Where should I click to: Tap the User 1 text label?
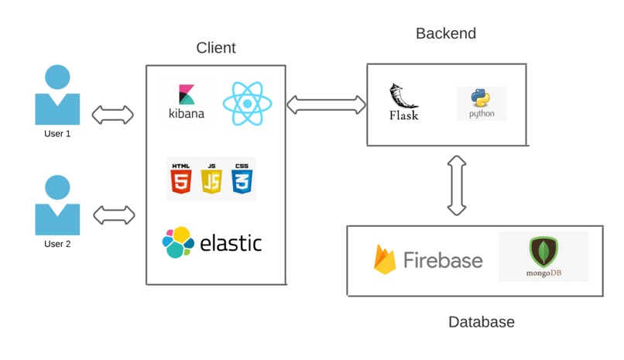[x=57, y=134]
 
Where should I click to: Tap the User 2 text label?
[x=57, y=244]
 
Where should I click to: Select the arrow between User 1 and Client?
[x=113, y=115]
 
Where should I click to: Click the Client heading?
[x=216, y=49]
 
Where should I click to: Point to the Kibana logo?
[x=187, y=101]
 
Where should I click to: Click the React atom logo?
[x=245, y=104]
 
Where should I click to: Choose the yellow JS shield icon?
[x=211, y=179]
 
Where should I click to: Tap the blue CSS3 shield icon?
[x=242, y=179]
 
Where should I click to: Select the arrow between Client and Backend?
[x=326, y=103]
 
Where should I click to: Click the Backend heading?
[x=446, y=34]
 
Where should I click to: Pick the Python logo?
[x=482, y=104]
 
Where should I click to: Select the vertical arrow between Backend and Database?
[x=457, y=185]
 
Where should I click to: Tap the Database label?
[x=482, y=322]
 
